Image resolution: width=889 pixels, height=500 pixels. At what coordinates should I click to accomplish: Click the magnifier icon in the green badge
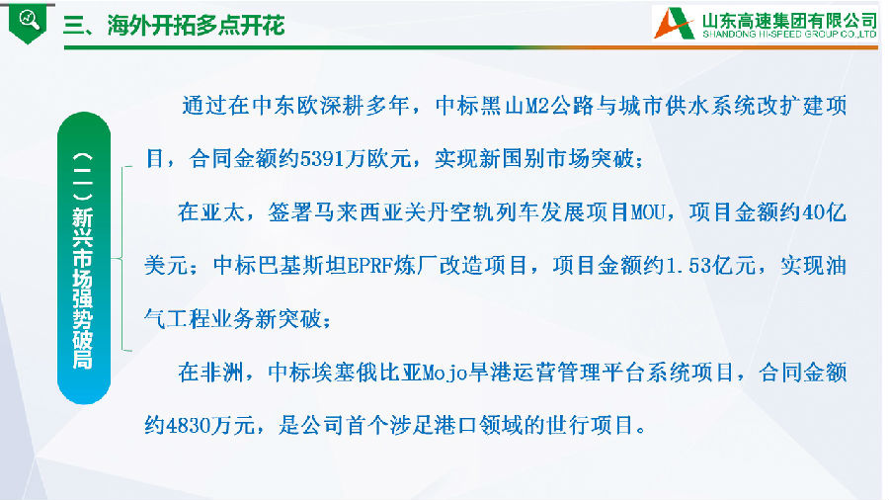point(29,20)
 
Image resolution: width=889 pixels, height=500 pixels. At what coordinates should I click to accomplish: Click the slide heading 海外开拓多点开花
point(196,26)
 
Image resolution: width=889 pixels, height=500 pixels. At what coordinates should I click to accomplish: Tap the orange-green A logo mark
point(674,24)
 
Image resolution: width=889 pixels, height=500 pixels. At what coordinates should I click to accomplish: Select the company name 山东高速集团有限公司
point(789,21)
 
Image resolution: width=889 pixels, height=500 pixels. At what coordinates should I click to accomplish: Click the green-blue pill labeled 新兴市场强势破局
point(84,258)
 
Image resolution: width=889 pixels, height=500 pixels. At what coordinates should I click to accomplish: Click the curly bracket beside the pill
point(124,259)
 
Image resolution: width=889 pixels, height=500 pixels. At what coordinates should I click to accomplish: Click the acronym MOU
point(647,212)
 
